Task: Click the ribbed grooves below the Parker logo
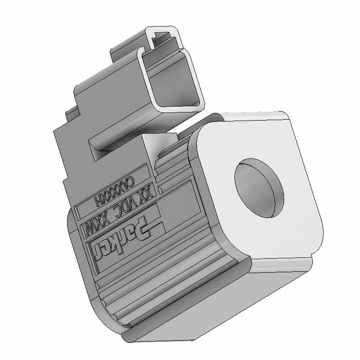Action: pyautogui.click(x=148, y=288)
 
